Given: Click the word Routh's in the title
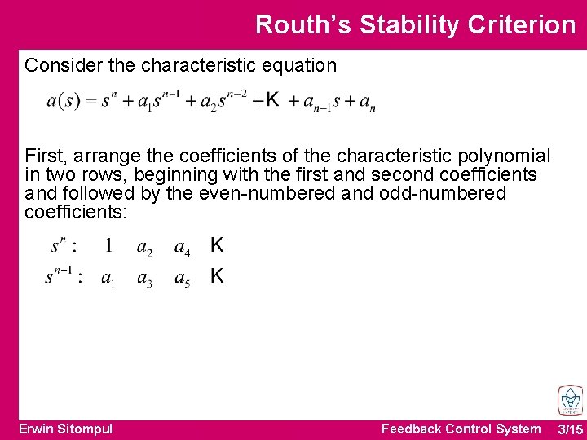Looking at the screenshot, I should (303, 24).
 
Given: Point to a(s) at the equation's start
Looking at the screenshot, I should (63, 102).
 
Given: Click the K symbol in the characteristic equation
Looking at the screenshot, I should (272, 99).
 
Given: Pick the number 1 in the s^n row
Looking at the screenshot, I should (108, 244).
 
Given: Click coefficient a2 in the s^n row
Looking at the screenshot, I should (144, 247).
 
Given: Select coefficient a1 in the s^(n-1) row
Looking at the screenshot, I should (107, 279).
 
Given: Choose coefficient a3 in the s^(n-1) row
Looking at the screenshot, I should (144, 279).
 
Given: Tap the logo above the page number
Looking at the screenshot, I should (570, 400).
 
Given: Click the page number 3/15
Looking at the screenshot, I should (570, 429).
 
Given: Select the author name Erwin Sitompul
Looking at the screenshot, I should (66, 429).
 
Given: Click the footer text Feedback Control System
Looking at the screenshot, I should (461, 429).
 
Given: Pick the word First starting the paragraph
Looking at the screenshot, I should (42, 156).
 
